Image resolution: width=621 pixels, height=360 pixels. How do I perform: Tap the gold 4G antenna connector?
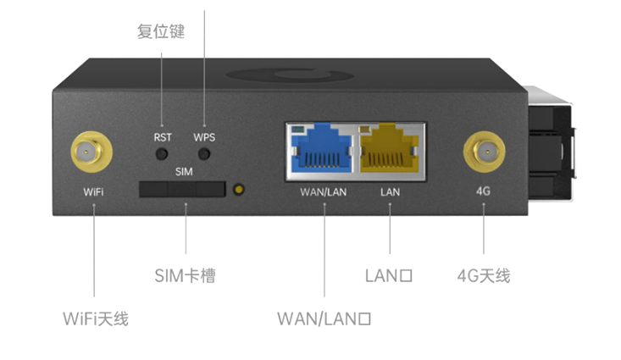(x=483, y=153)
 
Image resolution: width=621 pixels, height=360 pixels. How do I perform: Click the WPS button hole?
(x=204, y=154)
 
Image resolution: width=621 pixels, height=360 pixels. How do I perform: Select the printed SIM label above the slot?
(x=184, y=171)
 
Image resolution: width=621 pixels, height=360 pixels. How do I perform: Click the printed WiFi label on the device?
(x=93, y=192)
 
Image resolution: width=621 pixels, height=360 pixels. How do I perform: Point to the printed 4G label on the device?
(x=484, y=192)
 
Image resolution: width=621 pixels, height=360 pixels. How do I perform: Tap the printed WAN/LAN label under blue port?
(x=323, y=192)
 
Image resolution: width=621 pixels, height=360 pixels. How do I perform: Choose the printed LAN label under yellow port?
(x=390, y=192)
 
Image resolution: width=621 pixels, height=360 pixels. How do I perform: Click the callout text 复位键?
(x=160, y=32)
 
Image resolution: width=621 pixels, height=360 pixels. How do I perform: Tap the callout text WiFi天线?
(x=95, y=318)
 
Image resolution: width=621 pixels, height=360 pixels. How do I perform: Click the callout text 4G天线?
(x=484, y=276)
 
